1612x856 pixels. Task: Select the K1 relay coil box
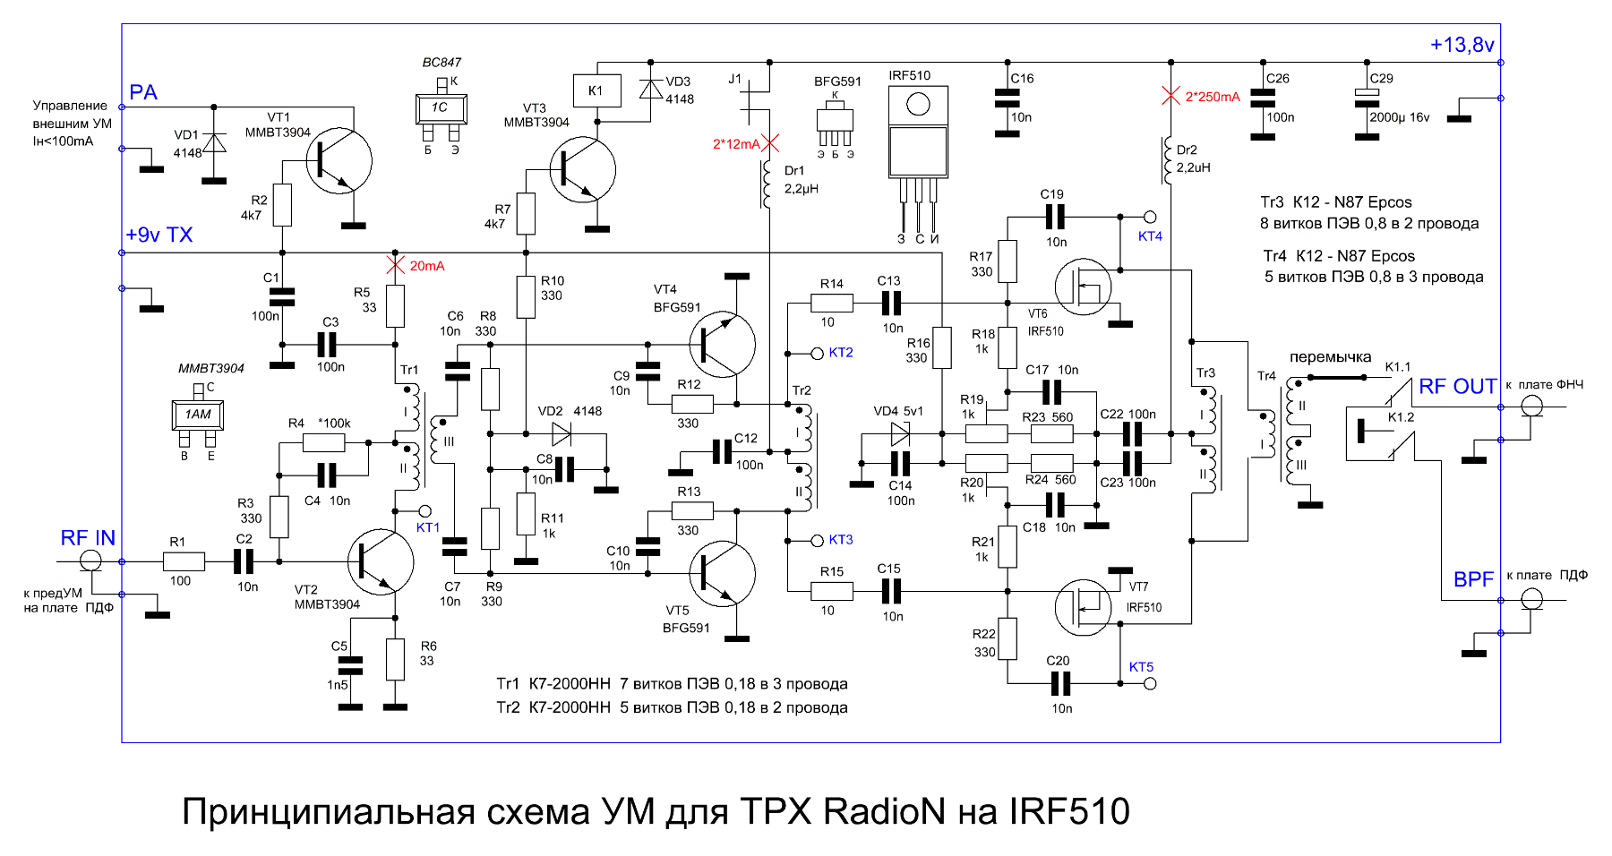596,90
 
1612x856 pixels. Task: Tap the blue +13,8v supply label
1462,45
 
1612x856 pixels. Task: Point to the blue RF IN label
88,538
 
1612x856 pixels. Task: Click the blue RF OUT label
1457,387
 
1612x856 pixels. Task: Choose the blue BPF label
1473,579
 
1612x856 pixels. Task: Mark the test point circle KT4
1150,217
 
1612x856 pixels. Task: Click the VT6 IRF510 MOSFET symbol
1084,287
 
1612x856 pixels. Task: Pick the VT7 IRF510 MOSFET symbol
1084,607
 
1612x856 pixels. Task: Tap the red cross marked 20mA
395,265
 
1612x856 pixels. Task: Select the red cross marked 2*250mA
1170,96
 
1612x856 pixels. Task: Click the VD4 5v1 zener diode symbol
900,435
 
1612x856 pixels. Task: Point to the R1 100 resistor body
184,561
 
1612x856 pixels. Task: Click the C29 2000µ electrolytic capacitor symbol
1367,98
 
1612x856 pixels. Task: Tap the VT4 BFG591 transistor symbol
722,345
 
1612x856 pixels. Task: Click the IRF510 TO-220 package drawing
918,134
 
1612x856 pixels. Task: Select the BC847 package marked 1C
441,108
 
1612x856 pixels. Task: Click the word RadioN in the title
884,811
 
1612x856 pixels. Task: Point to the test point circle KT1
425,510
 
